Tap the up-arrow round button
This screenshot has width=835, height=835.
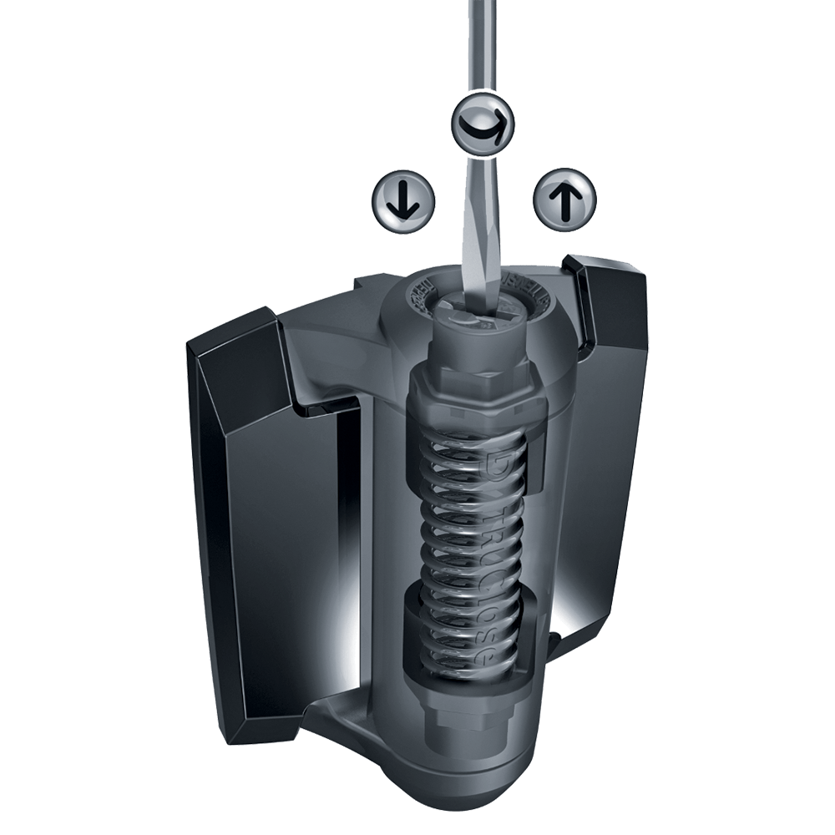pos(565,200)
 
